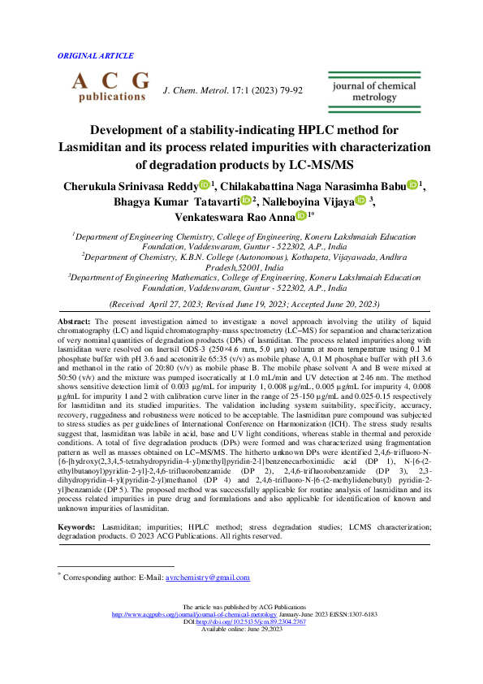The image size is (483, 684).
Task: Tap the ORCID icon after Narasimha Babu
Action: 412,186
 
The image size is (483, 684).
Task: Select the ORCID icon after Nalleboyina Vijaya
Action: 360,201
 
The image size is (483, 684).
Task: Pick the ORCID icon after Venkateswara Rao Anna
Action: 301,216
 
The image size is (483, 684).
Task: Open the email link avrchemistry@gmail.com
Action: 207,578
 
